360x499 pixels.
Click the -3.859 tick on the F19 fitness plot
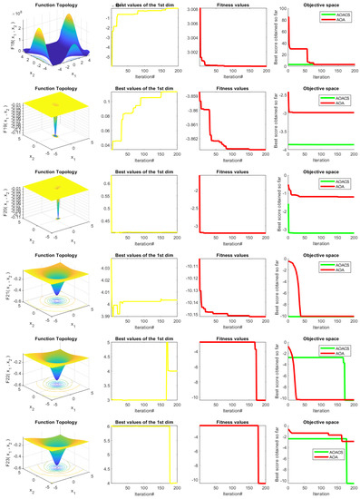tap(180, 95)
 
